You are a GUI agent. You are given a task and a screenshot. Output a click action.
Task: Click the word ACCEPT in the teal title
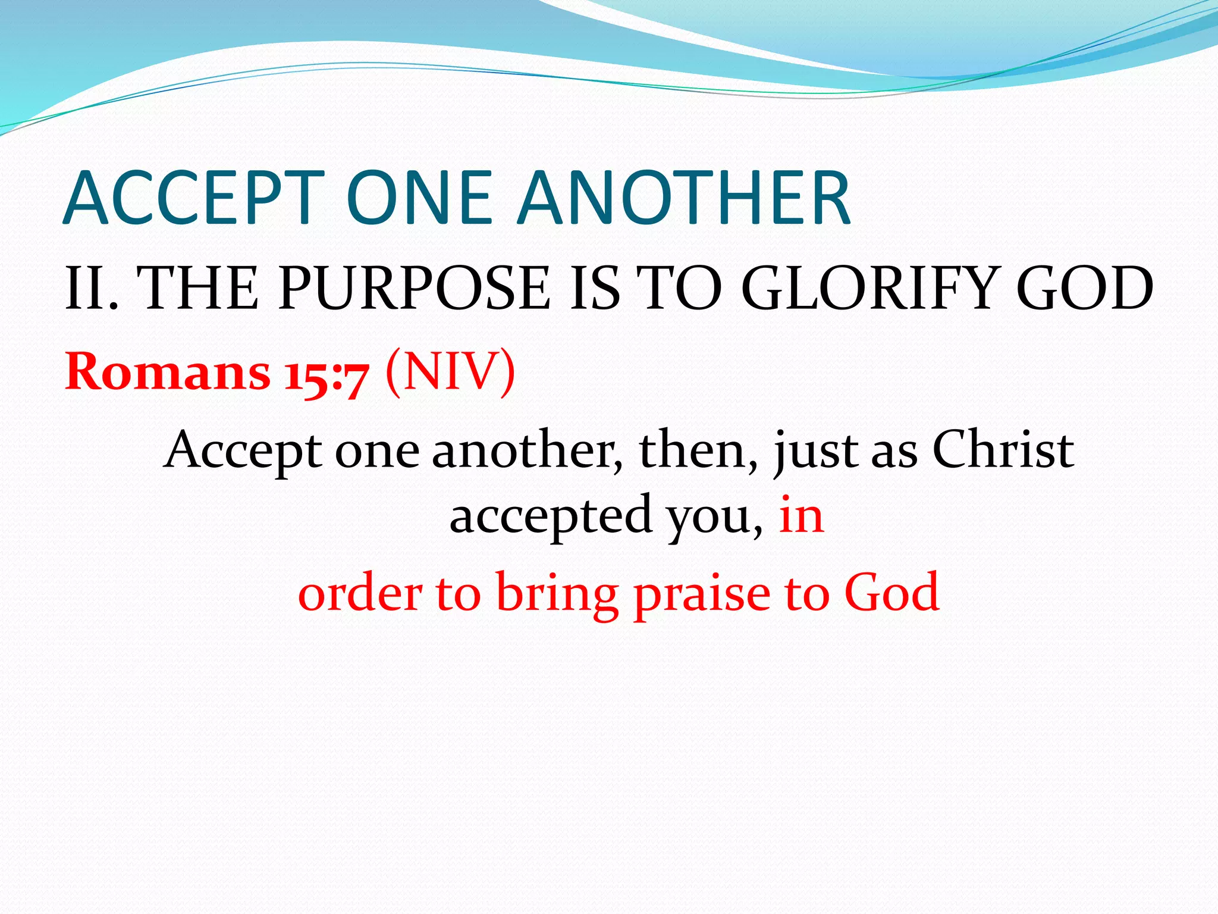194,198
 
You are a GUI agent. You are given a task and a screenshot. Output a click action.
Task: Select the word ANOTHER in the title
684,198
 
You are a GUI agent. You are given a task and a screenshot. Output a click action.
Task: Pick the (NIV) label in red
450,373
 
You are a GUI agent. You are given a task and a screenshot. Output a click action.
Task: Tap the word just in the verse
815,452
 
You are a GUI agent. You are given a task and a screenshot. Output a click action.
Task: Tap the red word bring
557,595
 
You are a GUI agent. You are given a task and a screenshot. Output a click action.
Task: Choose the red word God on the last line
891,593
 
